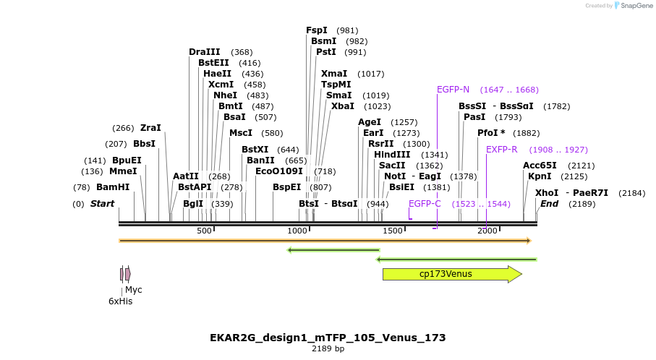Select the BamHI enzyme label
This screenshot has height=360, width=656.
tap(113, 187)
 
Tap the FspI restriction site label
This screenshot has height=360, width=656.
tap(317, 30)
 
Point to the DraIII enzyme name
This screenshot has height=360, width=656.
tap(204, 52)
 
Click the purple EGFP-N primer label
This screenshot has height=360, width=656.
tap(453, 90)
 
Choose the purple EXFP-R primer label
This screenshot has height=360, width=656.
tap(501, 150)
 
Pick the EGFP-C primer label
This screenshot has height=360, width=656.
tap(425, 204)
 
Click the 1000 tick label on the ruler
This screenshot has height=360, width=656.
tap(298, 231)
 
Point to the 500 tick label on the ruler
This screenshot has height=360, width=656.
tap(204, 231)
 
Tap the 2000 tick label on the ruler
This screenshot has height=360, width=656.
tap(487, 231)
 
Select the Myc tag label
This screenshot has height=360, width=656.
tap(134, 290)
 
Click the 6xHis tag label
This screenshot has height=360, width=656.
tap(121, 301)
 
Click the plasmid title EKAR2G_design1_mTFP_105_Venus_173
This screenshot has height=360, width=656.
tap(328, 338)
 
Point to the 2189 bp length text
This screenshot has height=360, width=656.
tap(328, 349)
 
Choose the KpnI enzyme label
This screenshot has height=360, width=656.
tap(540, 176)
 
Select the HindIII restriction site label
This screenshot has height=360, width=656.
tap(392, 155)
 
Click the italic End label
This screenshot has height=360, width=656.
tap(549, 204)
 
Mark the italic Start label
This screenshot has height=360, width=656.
tap(102, 204)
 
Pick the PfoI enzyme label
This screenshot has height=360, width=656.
tap(491, 133)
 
